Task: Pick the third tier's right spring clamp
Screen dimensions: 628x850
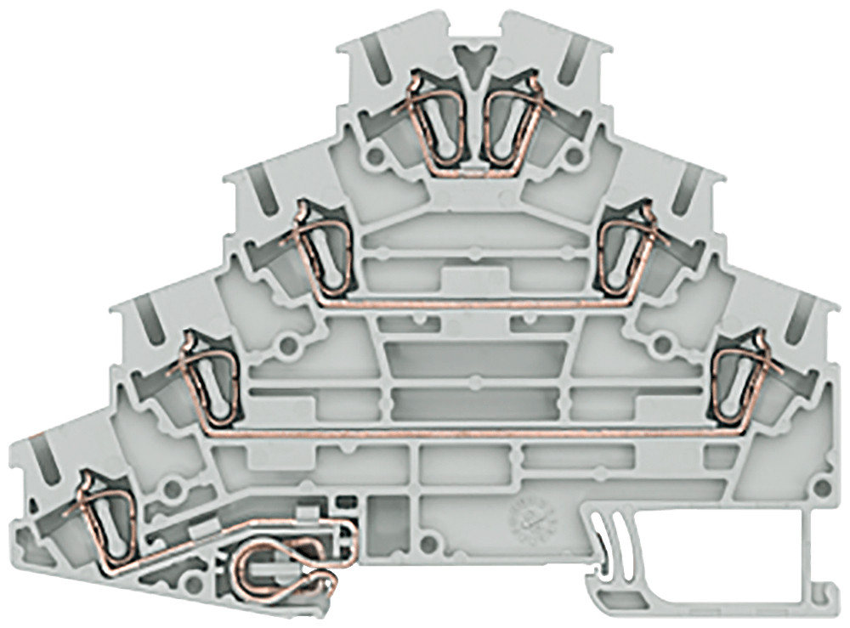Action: tap(741, 378)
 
